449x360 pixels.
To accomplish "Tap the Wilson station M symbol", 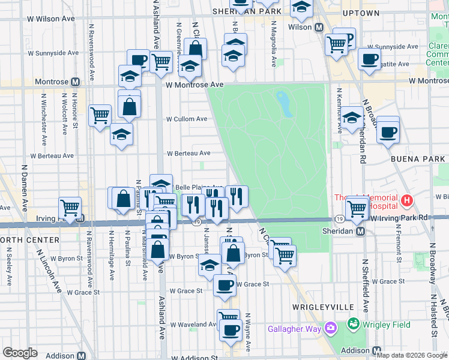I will pyautogui.click(x=319, y=27).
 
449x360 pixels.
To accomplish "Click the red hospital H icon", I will pyautogui.click(x=408, y=200).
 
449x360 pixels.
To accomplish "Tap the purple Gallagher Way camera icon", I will pyautogui.click(x=330, y=327).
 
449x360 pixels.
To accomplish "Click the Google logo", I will pyautogui.click(x=20, y=353).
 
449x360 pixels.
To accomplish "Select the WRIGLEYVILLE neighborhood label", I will pyautogui.click(x=322, y=307).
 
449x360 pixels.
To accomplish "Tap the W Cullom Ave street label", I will pyautogui.click(x=187, y=119).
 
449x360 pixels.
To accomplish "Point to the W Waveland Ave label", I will pyautogui.click(x=193, y=325).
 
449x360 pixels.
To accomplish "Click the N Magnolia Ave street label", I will pyautogui.click(x=274, y=45).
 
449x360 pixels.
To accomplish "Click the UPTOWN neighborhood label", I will pyautogui.click(x=361, y=13).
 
